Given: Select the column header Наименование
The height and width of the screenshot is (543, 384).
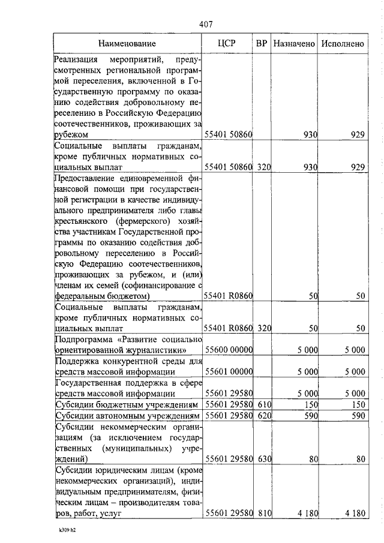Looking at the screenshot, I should coord(127,44).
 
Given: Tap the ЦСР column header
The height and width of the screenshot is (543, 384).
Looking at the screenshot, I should coord(228,44).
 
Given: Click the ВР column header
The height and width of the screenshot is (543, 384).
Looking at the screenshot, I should coord(262,44).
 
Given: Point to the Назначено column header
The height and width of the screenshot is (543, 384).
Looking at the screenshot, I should coord(293,44).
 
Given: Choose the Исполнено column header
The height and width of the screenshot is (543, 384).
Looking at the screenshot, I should coord(343,44).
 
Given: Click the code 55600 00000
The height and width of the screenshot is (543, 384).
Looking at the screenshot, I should coord(229,350).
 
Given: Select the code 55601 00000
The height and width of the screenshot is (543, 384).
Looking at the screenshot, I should coord(229,372).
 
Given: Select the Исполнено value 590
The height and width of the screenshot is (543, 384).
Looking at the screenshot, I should coord(357,415).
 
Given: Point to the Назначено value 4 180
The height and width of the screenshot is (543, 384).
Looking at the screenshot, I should coord(305,514).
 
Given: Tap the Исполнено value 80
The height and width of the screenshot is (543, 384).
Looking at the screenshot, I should coord(360,460).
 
